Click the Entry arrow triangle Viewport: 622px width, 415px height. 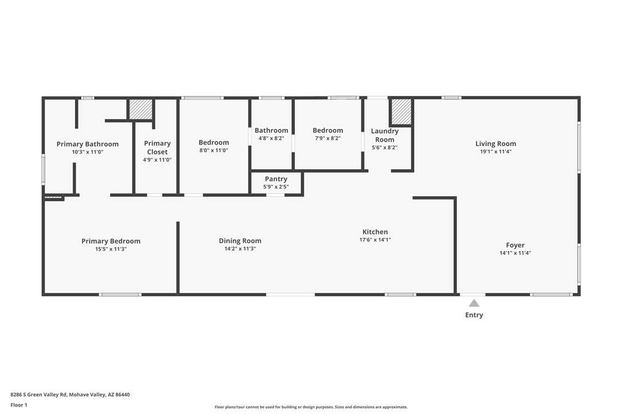point(474,303)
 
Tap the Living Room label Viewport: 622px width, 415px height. point(495,144)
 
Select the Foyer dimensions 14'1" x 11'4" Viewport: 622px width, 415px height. point(515,253)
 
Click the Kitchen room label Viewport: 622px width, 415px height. point(375,232)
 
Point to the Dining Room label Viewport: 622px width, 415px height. point(240,241)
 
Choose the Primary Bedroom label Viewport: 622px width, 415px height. point(111,241)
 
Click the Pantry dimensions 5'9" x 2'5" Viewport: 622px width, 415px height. point(275,187)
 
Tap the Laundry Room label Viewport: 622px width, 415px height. point(384,135)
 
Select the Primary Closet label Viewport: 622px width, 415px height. point(157,148)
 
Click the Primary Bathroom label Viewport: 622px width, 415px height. point(87,144)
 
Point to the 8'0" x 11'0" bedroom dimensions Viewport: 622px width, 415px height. point(214,151)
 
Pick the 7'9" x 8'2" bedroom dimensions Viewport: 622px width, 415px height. point(328,139)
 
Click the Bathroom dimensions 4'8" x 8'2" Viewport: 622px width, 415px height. point(271,139)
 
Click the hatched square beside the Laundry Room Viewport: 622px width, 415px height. point(401,112)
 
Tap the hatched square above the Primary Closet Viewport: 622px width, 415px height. point(140,109)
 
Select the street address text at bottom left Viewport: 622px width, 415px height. point(70,395)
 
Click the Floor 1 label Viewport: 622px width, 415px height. point(19,405)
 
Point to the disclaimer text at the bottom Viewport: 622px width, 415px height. point(311,407)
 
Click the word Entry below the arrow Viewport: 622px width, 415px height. point(474,315)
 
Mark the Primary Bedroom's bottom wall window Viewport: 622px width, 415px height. point(120,295)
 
